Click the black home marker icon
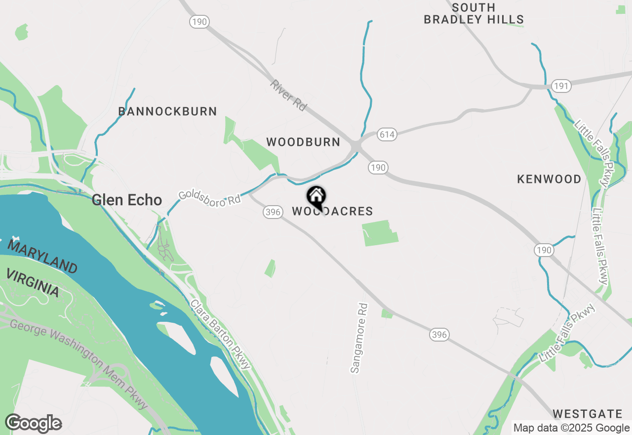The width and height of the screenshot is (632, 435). coord(316,197)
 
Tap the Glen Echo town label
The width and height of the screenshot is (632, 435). coord(127,200)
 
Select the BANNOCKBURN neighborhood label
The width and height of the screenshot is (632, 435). coord(168,111)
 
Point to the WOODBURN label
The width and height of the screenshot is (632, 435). coord(303,142)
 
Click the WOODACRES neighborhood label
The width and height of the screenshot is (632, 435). coord(332,212)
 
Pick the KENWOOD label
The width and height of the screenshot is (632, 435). coord(549,179)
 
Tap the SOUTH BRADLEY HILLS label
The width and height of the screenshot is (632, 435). coord(474,14)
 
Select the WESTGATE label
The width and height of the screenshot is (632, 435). coord(587,413)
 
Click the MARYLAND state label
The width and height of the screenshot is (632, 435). coord(42,255)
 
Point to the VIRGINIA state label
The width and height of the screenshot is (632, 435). coord(33,283)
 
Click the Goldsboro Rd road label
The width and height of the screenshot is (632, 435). coord(209,197)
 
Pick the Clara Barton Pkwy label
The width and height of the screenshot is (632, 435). coord(221,334)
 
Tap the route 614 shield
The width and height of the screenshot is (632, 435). coord(387,134)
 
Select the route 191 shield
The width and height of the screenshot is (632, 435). coord(561,86)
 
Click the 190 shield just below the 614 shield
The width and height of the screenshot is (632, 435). coord(378,168)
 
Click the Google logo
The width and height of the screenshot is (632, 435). coord(34,423)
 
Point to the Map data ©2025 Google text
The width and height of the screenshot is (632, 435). coord(571,428)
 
